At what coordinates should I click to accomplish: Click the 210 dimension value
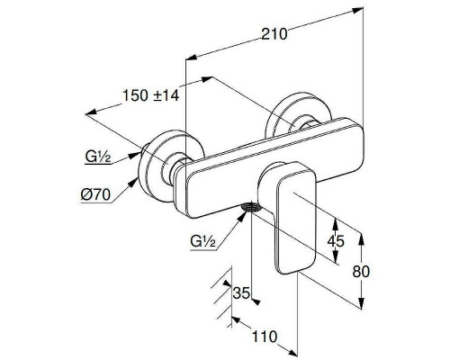(x=274, y=34)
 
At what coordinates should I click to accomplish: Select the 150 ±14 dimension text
(x=151, y=95)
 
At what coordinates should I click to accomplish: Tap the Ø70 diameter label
(x=95, y=195)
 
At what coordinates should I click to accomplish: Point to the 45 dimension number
(x=336, y=240)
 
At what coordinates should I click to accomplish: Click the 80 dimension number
(x=361, y=272)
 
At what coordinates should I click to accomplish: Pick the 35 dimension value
(x=241, y=293)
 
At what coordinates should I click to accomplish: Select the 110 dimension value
(x=265, y=337)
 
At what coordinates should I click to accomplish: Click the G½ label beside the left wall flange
(x=98, y=157)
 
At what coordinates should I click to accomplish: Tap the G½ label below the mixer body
(x=202, y=240)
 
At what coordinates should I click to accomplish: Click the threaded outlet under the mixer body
(x=251, y=207)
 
